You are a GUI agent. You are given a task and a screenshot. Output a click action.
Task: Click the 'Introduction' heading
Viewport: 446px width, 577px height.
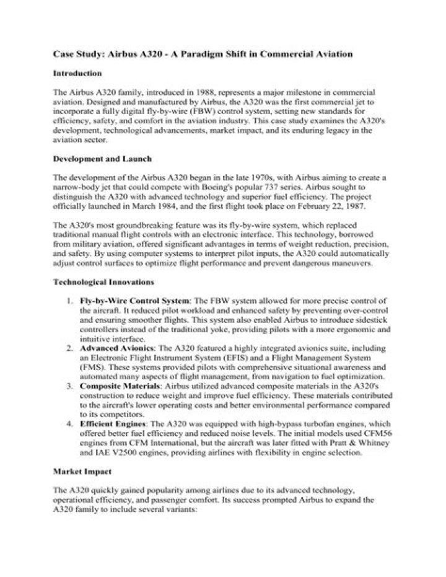point(77,74)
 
